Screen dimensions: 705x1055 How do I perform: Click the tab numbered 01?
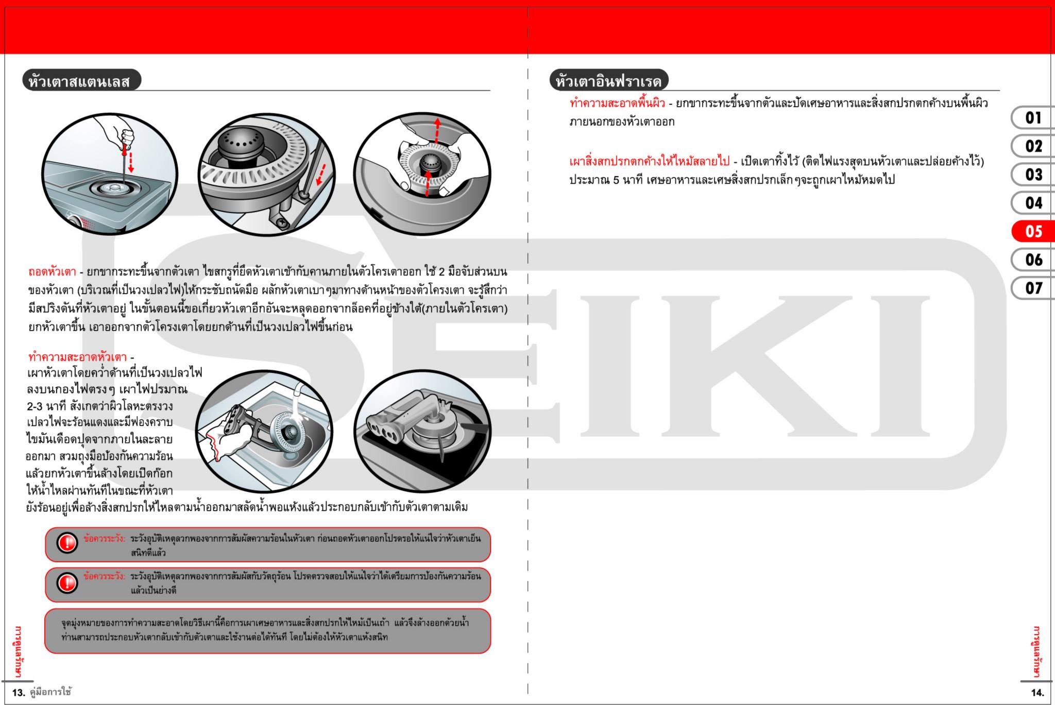point(1033,118)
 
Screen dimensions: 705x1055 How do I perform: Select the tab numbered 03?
point(1033,175)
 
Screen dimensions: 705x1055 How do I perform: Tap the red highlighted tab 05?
point(1033,231)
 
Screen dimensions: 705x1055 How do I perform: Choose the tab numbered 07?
point(1033,288)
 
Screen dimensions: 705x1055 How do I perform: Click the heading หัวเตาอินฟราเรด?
point(608,81)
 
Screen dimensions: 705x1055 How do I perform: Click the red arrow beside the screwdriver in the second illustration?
point(321,174)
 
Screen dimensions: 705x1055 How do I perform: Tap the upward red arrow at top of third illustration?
point(437,129)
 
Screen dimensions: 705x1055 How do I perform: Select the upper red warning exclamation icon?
point(66,543)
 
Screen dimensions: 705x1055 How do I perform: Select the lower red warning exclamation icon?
point(66,583)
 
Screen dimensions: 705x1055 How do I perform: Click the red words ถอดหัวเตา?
point(52,271)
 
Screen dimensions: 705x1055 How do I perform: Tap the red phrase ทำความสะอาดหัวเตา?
point(77,356)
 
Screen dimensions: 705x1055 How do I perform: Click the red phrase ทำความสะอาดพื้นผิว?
point(617,103)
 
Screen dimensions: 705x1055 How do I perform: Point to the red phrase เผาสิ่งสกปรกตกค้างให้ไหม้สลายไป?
point(649,161)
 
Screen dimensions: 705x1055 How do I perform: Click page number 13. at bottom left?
point(19,693)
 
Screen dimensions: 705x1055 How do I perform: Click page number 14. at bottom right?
point(1037,693)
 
